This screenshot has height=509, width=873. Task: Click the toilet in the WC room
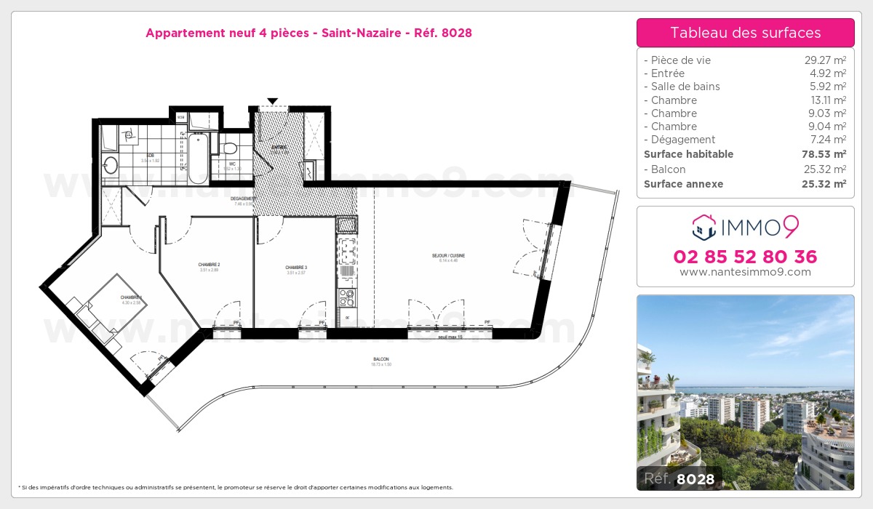tap(230, 148)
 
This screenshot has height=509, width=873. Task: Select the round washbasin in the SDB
tap(111, 164)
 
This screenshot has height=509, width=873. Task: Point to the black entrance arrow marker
tap(272, 101)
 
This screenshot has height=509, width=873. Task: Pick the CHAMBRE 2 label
tap(209, 265)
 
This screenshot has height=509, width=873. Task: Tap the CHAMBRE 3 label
tap(296, 268)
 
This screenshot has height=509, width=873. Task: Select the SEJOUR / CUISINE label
tap(447, 256)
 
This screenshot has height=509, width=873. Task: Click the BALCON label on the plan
tap(380, 360)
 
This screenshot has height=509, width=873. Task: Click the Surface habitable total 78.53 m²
tap(829, 154)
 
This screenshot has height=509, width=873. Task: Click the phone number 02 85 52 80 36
tap(745, 257)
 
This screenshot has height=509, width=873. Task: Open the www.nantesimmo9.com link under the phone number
tap(745, 272)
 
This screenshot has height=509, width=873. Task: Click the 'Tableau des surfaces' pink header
tap(745, 33)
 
